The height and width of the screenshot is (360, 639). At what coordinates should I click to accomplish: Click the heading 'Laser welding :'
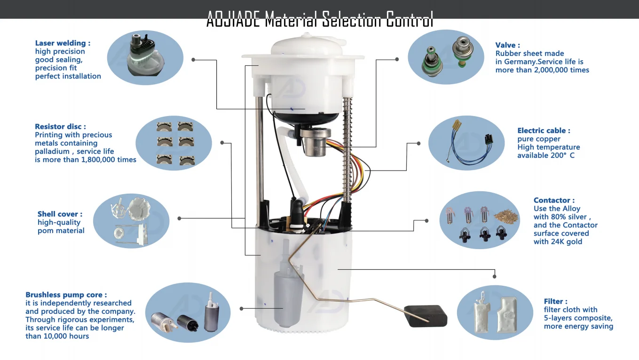click(63, 43)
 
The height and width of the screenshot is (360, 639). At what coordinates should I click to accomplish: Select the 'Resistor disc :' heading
click(60, 127)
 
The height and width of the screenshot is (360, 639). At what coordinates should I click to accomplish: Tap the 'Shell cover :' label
click(60, 214)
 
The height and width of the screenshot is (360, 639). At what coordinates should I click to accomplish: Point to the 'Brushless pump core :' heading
click(66, 295)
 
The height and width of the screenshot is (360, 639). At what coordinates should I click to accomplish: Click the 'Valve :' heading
click(507, 46)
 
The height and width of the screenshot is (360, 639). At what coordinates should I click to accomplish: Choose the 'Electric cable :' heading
click(544, 131)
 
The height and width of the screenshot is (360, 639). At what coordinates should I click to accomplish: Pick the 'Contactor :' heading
click(554, 200)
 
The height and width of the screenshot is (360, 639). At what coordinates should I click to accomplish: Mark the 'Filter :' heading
click(555, 301)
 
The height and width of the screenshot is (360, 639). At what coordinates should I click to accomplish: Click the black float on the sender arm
click(426, 316)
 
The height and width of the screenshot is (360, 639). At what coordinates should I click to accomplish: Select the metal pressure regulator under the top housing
click(312, 141)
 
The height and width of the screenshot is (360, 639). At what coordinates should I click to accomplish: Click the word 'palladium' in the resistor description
click(53, 151)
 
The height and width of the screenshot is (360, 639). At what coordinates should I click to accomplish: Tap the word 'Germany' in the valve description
click(520, 62)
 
